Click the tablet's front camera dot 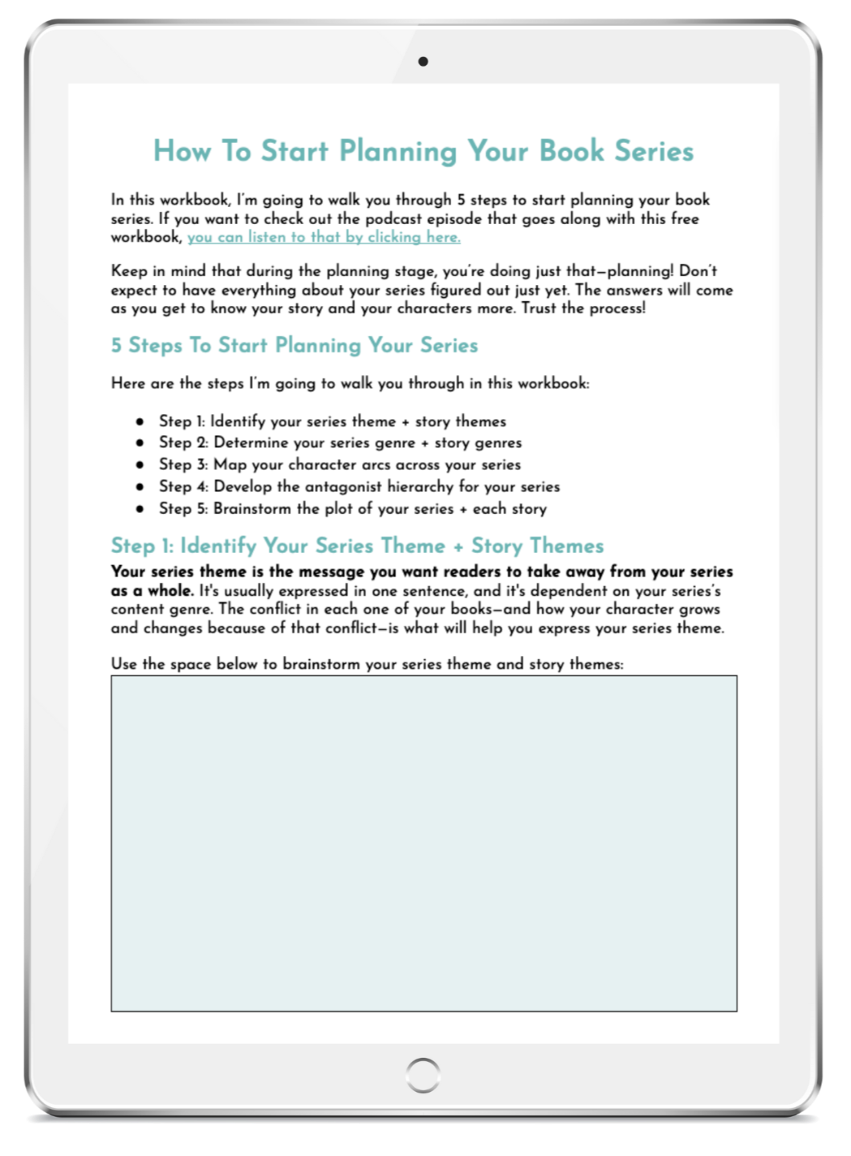(423, 61)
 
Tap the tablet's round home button (423, 1073)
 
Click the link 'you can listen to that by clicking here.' (324, 238)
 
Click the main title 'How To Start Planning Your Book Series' (423, 151)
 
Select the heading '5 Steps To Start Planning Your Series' (294, 346)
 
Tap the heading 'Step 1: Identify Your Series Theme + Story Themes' (357, 546)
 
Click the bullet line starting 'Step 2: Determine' (340, 443)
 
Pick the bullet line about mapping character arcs (340, 465)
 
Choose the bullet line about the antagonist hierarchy (359, 486)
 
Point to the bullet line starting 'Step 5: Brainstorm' (352, 508)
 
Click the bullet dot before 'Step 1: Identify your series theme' (140, 421)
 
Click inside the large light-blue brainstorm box (423, 843)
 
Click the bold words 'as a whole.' (152, 591)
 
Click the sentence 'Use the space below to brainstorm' (367, 665)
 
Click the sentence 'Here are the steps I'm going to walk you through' (350, 384)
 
